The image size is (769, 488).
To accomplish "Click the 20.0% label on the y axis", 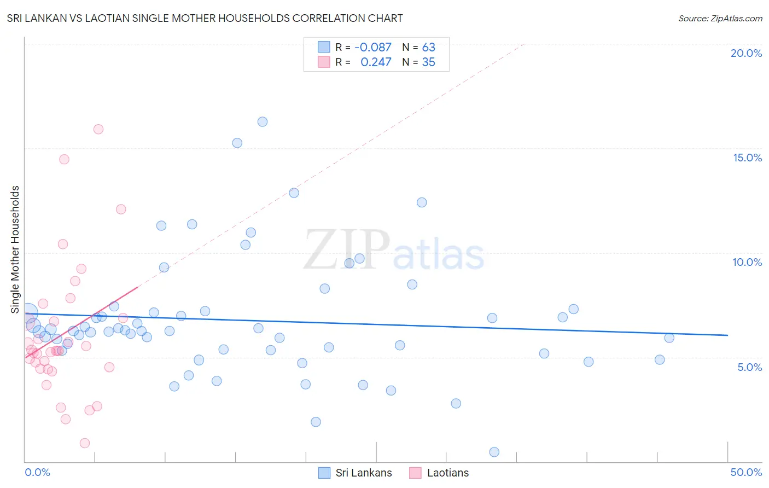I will tap(746, 53).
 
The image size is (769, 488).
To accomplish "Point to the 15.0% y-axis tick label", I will tap(747, 158).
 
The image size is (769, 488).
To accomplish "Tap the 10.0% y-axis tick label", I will tap(747, 262).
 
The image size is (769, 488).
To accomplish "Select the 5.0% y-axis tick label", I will tap(749, 367).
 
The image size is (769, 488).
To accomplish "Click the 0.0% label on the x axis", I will tap(37, 472).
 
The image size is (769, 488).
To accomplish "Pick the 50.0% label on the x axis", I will tap(746, 472).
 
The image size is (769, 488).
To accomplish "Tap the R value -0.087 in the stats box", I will tap(373, 47).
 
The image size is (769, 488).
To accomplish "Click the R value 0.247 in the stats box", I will tap(376, 62).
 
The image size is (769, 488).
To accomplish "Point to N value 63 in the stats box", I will tap(428, 47).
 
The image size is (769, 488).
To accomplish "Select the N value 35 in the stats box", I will tap(428, 62).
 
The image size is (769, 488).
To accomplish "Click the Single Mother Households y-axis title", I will tap(15, 249).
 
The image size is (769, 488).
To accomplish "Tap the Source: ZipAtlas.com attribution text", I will tap(720, 19).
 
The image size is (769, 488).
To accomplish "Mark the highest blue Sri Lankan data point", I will tap(263, 122).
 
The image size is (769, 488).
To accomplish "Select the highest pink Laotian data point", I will tap(98, 129).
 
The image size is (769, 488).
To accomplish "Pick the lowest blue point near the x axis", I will tap(494, 452).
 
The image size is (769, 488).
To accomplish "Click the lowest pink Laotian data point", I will tap(85, 443).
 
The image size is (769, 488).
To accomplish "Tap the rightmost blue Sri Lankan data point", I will tap(669, 338).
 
